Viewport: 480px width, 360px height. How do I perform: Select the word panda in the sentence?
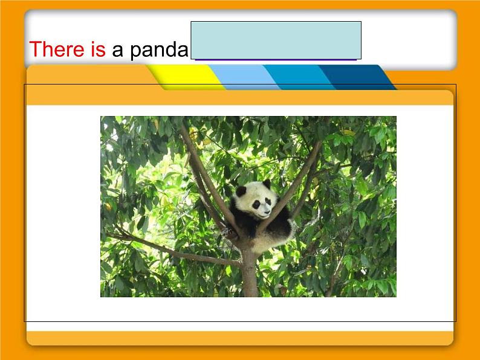point(158,50)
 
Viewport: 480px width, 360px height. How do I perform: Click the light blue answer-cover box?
point(276,40)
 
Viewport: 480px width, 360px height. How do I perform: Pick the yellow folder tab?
point(184,77)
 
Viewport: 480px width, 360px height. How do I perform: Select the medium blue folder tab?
point(296,77)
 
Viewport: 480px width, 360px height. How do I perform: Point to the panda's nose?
point(266,212)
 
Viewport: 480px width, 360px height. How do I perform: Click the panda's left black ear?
point(241,191)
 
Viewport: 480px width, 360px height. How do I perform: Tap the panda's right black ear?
point(266,183)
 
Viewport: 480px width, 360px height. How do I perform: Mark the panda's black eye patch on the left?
point(256,205)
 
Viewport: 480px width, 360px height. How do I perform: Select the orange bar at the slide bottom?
point(239,338)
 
